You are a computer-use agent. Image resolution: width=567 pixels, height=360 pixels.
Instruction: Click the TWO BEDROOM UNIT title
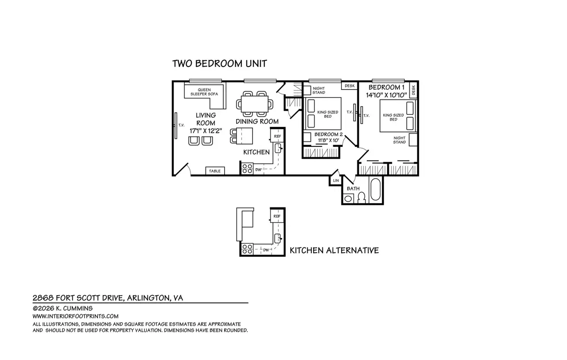pos(219,63)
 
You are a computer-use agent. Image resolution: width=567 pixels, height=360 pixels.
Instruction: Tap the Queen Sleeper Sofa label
pos(204,92)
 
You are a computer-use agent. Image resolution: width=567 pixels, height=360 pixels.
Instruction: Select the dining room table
pos(254,104)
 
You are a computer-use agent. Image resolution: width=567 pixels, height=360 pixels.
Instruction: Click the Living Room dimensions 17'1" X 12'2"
pos(206,131)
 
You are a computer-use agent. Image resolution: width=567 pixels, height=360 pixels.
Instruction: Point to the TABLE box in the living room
pos(215,171)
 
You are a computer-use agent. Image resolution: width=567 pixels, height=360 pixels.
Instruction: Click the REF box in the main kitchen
pos(277,136)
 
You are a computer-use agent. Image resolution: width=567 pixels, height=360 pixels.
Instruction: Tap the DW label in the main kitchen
pos(258,170)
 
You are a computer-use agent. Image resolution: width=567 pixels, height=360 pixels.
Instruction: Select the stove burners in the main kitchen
pos(247,169)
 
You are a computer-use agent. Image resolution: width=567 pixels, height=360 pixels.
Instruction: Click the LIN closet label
pos(336,180)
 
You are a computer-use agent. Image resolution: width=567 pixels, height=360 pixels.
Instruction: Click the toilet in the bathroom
pos(362,198)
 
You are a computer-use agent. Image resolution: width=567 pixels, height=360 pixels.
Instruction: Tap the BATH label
pos(353,188)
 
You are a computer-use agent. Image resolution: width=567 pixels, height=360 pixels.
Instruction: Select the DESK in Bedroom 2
pos(350,86)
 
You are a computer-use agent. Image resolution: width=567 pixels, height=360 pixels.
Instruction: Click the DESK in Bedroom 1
pos(413,90)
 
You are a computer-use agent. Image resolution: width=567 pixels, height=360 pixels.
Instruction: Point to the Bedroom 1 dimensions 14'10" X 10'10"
pos(386,95)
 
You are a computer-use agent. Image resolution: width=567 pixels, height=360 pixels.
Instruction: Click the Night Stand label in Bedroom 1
pos(400,140)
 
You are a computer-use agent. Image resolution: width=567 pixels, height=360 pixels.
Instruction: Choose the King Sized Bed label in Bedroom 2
pos(328,114)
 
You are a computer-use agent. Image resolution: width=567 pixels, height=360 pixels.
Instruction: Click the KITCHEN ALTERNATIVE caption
pos(334,250)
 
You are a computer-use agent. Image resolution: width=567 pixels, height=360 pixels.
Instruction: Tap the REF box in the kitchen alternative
pos(277,216)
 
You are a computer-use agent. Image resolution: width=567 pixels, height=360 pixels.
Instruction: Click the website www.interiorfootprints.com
pos(75,316)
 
